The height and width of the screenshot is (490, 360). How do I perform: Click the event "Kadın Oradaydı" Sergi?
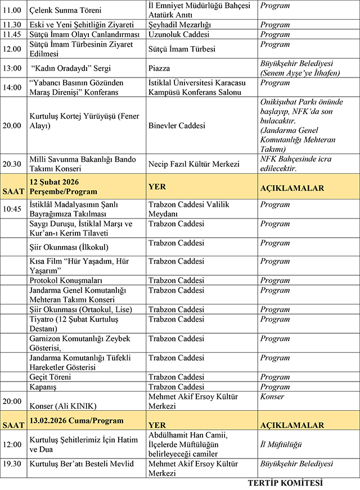click(x=71, y=68)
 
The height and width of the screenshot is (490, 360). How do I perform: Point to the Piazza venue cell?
click(x=160, y=68)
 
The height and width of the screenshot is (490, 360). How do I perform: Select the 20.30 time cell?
click(x=12, y=164)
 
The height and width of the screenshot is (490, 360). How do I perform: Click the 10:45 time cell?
click(x=13, y=209)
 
